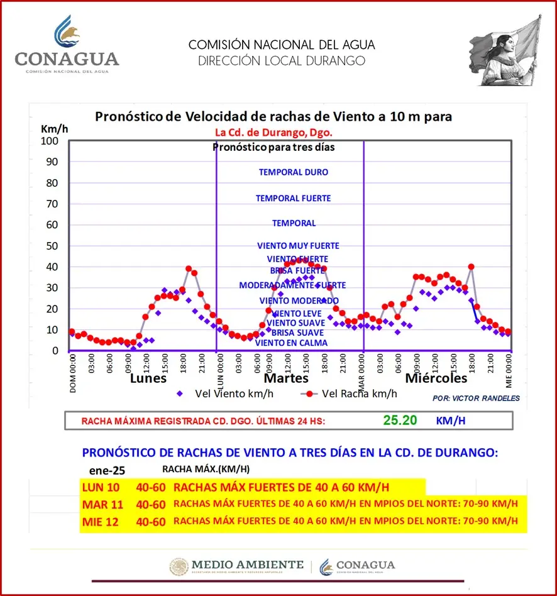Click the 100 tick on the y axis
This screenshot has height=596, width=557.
click(x=50, y=141)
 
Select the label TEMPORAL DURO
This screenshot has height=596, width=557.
click(x=293, y=172)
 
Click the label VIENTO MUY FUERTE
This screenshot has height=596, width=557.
click(x=298, y=246)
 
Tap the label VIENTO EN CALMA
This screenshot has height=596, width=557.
click(x=291, y=343)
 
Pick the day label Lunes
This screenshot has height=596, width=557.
click(x=148, y=378)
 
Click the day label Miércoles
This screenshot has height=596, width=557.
click(x=436, y=378)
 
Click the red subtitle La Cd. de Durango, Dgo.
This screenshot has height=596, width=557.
click(x=273, y=133)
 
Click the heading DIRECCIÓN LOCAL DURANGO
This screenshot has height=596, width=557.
click(x=281, y=61)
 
